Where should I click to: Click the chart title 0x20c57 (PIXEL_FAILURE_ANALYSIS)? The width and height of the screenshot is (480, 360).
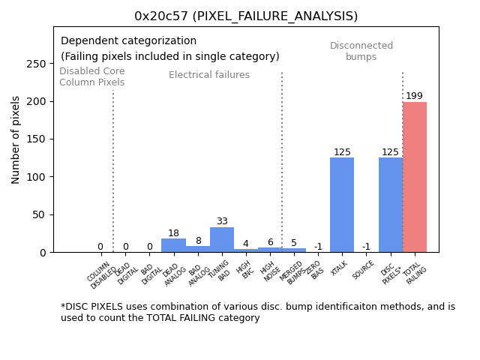tap(246, 16)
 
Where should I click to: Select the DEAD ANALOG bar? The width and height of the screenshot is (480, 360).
tap(173, 245)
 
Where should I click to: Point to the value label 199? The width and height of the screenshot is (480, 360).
tap(414, 96)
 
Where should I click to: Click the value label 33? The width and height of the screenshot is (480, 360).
tap(222, 221)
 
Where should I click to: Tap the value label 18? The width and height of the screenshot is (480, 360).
tap(173, 233)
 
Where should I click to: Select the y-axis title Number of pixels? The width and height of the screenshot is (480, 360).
tap(16, 139)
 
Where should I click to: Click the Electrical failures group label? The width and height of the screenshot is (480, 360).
tap(209, 75)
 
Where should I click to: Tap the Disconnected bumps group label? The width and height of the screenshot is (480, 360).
tap(361, 51)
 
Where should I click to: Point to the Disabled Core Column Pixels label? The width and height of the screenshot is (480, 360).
tap(92, 76)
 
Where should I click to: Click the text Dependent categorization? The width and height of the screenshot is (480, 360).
tap(128, 41)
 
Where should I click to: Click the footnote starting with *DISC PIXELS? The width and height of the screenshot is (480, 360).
tap(257, 312)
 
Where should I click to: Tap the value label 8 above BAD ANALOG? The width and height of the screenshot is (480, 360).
tap(198, 241)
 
